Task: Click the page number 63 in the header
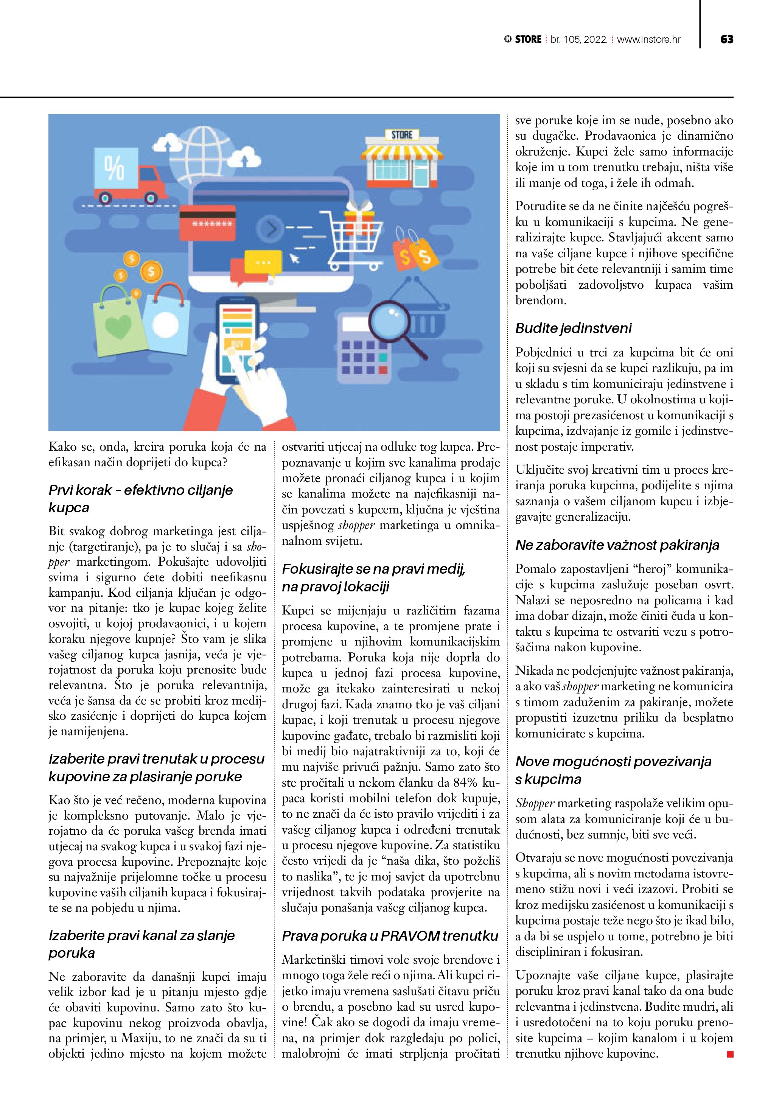[727, 39]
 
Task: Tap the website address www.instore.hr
[648, 39]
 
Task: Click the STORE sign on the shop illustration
[402, 135]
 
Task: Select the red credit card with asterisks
[207, 222]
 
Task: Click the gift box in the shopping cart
[359, 213]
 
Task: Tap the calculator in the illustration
[364, 351]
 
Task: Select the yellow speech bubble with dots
[263, 262]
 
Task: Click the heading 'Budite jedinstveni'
[573, 328]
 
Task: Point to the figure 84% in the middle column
[466, 782]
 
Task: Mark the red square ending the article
[730, 1054]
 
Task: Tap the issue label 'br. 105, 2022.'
[579, 39]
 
